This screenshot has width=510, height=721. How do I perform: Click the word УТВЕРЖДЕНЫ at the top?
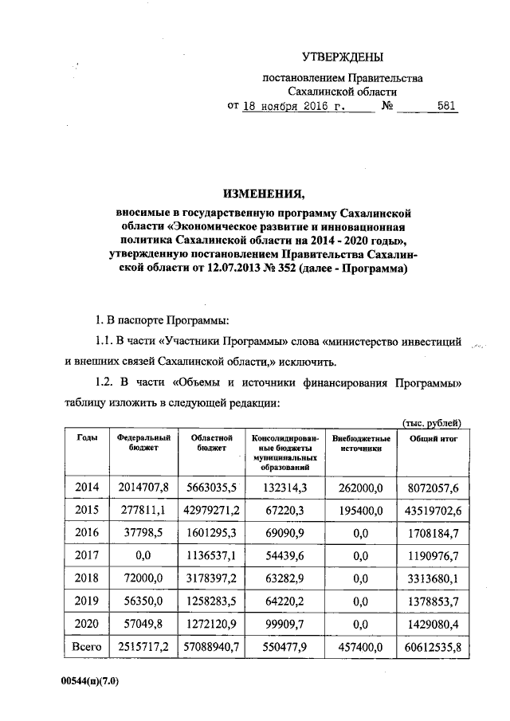(x=342, y=57)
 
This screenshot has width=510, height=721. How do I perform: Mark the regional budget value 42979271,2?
(x=211, y=507)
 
